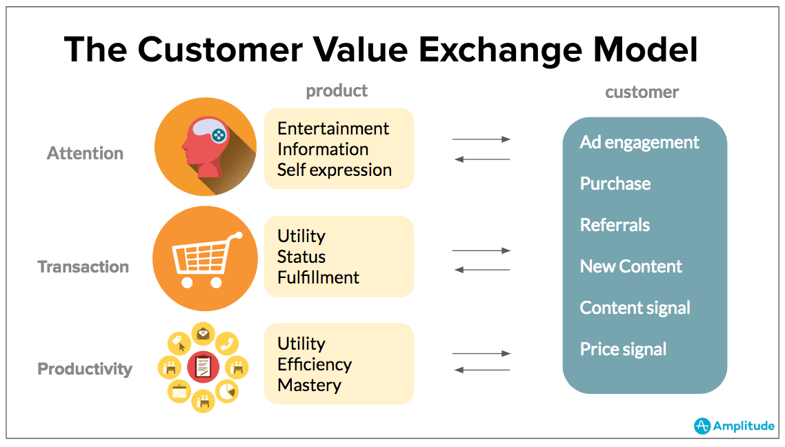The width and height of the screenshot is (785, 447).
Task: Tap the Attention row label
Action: click(85, 153)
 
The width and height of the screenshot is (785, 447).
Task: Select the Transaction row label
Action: click(83, 267)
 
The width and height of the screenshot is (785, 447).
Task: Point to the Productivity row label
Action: click(84, 369)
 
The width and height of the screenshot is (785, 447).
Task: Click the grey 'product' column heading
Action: click(337, 90)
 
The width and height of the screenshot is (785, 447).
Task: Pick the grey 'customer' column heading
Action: click(642, 92)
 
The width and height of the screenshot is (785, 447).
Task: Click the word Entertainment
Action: click(332, 128)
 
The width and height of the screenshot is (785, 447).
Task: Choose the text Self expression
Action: click(334, 170)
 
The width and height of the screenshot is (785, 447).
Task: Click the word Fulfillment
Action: click(318, 277)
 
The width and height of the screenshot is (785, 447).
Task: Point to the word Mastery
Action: click(309, 385)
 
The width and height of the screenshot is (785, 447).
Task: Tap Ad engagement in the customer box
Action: click(639, 142)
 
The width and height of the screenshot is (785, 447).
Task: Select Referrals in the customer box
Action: click(615, 225)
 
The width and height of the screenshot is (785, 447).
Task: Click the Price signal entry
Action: click(623, 349)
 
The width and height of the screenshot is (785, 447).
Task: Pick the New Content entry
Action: click(630, 266)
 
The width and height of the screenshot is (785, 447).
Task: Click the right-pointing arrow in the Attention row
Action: click(481, 139)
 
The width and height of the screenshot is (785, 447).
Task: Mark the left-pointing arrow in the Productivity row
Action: click(481, 370)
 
